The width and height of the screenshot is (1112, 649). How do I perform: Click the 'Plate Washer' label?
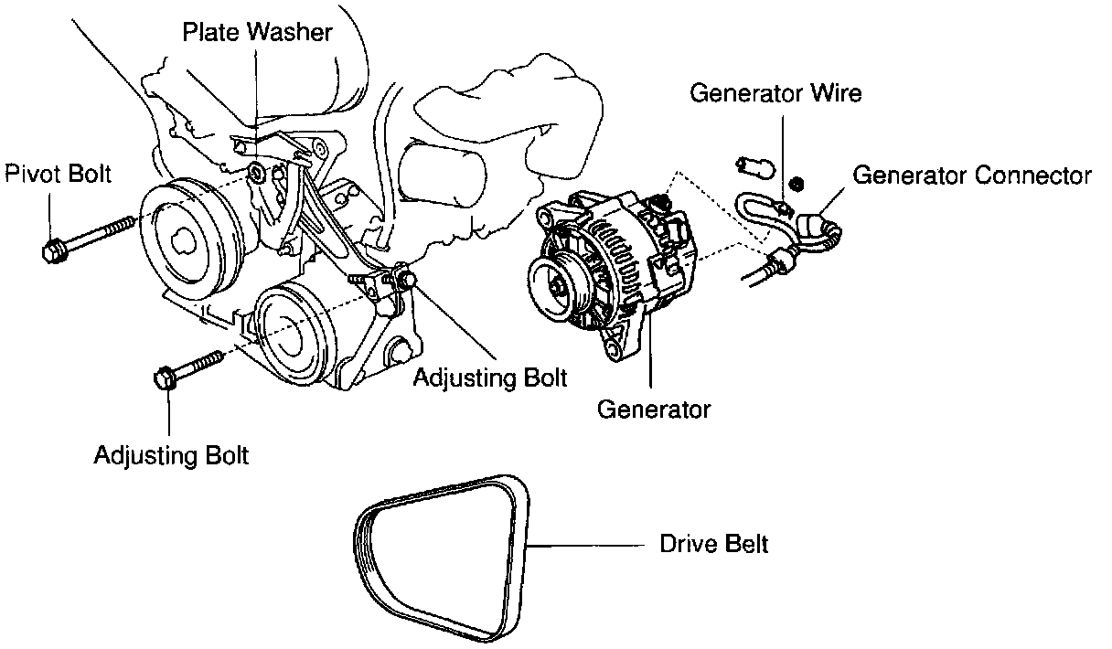[257, 33]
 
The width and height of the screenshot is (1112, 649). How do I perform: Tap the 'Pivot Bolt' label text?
[59, 173]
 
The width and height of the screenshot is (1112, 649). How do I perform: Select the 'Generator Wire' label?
[775, 92]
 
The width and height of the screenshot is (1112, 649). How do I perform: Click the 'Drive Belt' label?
[713, 544]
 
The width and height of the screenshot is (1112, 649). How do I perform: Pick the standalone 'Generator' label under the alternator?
[653, 409]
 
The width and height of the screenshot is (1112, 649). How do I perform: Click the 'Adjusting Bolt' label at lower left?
[171, 455]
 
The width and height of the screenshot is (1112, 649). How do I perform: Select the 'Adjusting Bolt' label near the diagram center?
[490, 377]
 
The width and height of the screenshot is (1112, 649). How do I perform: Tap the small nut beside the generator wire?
[796, 183]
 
